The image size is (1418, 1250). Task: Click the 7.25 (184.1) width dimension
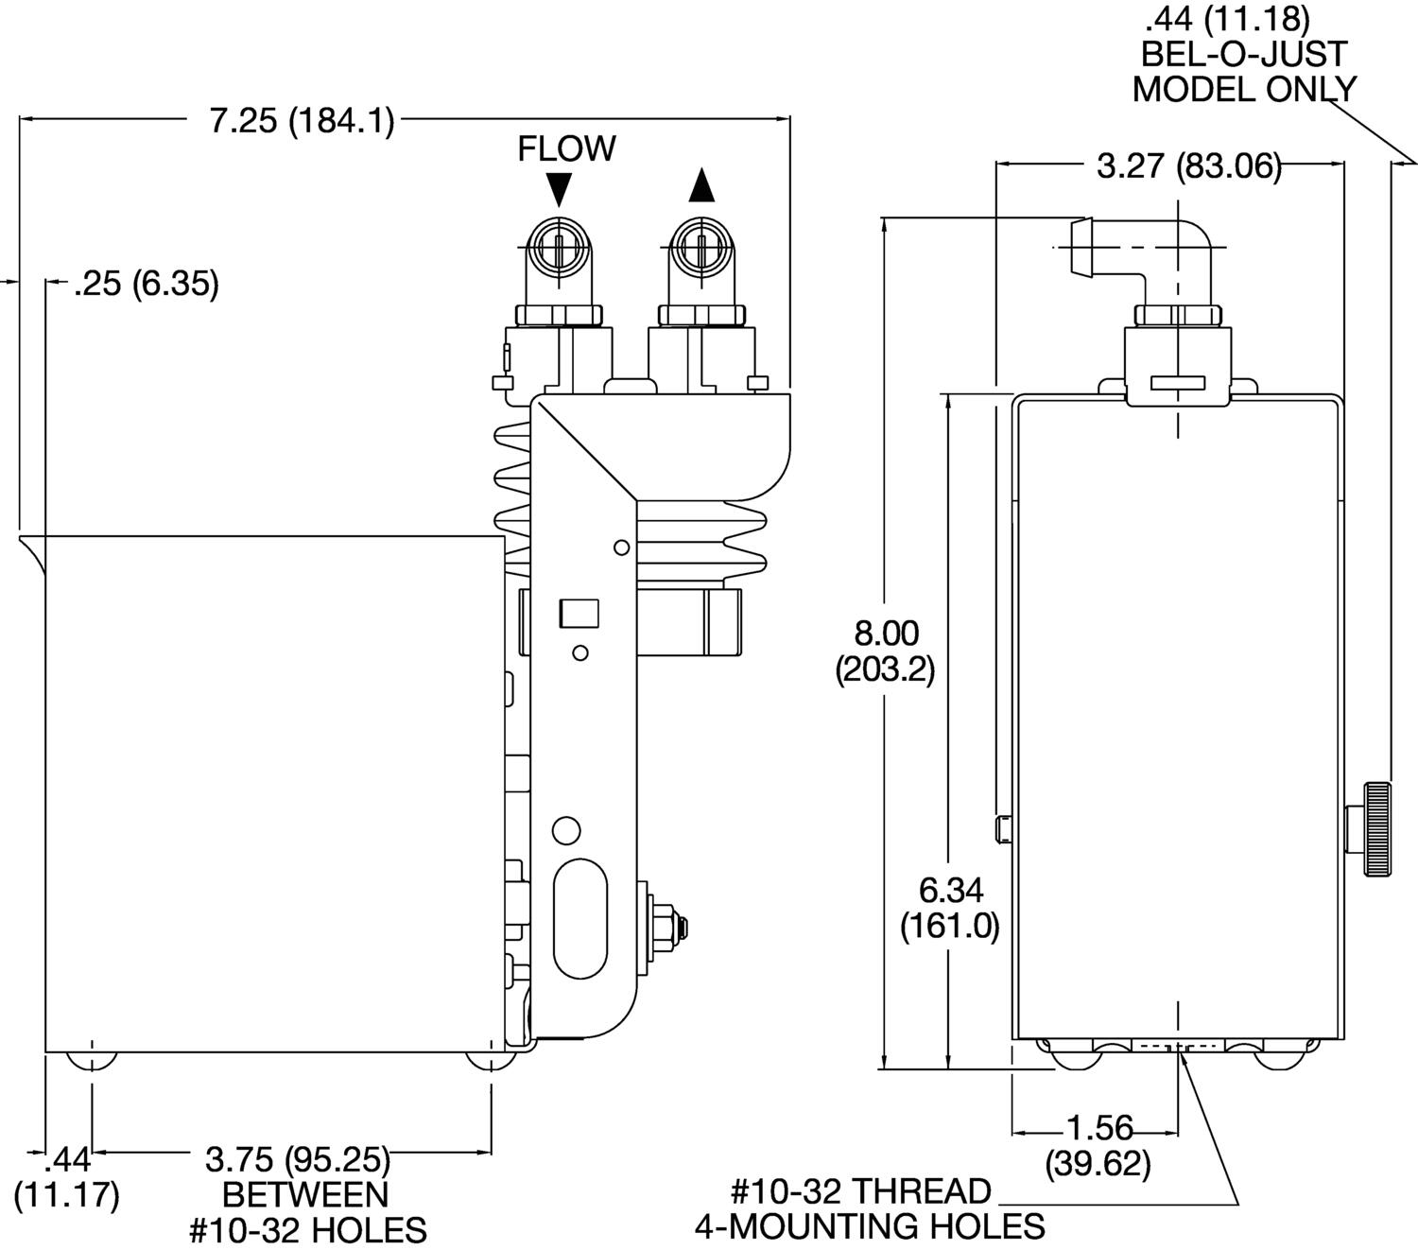click(302, 122)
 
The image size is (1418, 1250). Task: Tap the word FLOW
click(566, 148)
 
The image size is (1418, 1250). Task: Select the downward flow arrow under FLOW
click(559, 188)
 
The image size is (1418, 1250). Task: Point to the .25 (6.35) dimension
click(147, 283)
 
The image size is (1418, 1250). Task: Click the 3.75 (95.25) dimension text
click(298, 1158)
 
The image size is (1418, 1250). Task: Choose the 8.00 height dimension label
click(885, 651)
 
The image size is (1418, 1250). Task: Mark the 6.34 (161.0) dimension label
click(949, 908)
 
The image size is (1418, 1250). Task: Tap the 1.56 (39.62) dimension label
click(1098, 1145)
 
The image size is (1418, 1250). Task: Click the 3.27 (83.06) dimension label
click(1188, 166)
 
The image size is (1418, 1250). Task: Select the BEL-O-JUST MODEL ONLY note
click(1244, 55)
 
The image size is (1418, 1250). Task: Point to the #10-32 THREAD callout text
click(860, 1190)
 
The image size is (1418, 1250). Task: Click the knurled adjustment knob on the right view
click(1375, 829)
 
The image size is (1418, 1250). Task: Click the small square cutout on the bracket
click(579, 614)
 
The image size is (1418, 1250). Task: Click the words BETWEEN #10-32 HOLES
click(306, 1212)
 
